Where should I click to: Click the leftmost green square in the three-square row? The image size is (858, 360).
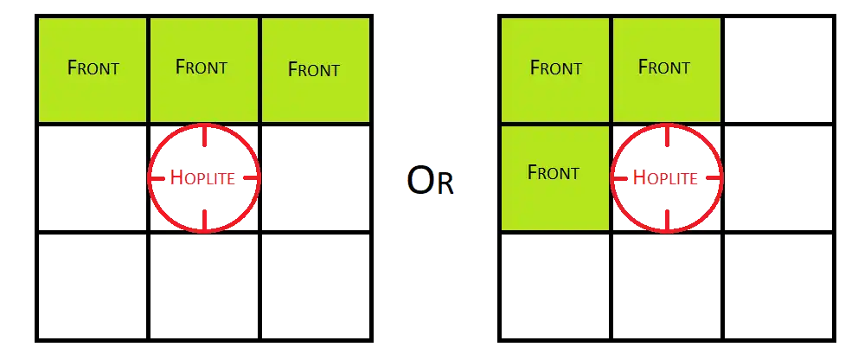click(93, 69)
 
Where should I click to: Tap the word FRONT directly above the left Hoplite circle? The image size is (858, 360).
click(201, 67)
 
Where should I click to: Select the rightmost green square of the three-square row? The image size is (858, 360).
click(315, 69)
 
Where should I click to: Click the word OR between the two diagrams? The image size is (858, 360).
click(431, 182)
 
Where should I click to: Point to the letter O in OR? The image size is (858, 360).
click(419, 182)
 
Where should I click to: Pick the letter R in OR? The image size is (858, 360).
click(445, 183)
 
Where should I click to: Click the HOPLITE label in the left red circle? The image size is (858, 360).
click(203, 178)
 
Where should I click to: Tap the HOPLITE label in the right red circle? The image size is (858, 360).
click(666, 178)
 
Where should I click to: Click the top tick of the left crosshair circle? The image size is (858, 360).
click(204, 136)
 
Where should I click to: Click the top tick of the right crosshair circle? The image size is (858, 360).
click(667, 136)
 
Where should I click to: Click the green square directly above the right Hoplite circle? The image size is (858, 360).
click(666, 69)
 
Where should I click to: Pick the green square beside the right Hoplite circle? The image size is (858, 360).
click(554, 177)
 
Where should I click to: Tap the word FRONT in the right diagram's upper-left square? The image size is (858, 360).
click(555, 67)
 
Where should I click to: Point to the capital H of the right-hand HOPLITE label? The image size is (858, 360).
click(639, 178)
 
